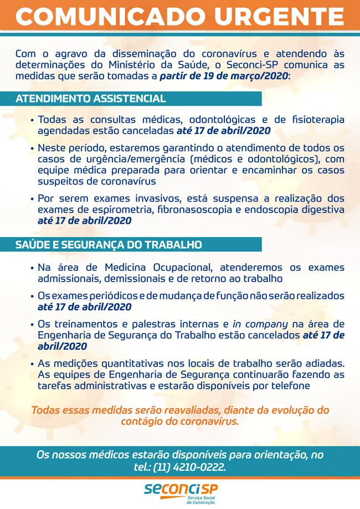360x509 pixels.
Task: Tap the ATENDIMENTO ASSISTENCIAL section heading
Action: tap(91, 99)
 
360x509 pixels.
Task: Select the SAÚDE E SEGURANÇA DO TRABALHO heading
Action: tap(109, 244)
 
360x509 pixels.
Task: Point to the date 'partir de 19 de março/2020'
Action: tap(224, 76)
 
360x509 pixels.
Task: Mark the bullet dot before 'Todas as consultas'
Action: tap(33, 120)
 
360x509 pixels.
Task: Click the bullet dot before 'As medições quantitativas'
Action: tap(33, 364)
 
